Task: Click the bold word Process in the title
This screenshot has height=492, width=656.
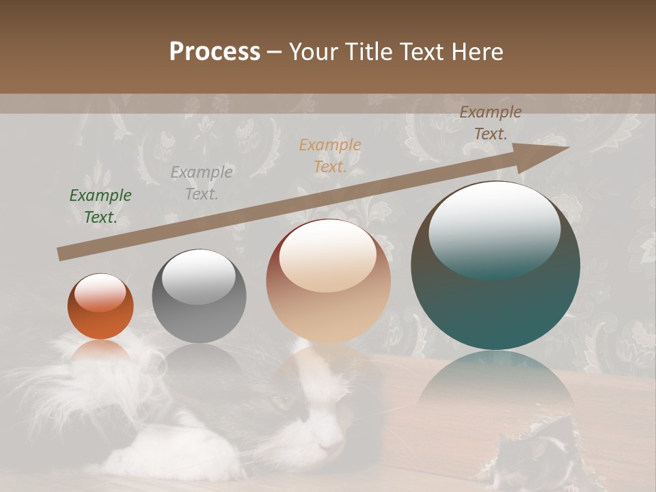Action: coord(215,52)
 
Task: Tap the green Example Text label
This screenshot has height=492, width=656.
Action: coord(100,206)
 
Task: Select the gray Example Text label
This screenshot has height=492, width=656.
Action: coord(202,182)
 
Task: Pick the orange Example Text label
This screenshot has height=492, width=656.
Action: coord(330,155)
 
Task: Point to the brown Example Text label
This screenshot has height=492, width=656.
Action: coord(490,123)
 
